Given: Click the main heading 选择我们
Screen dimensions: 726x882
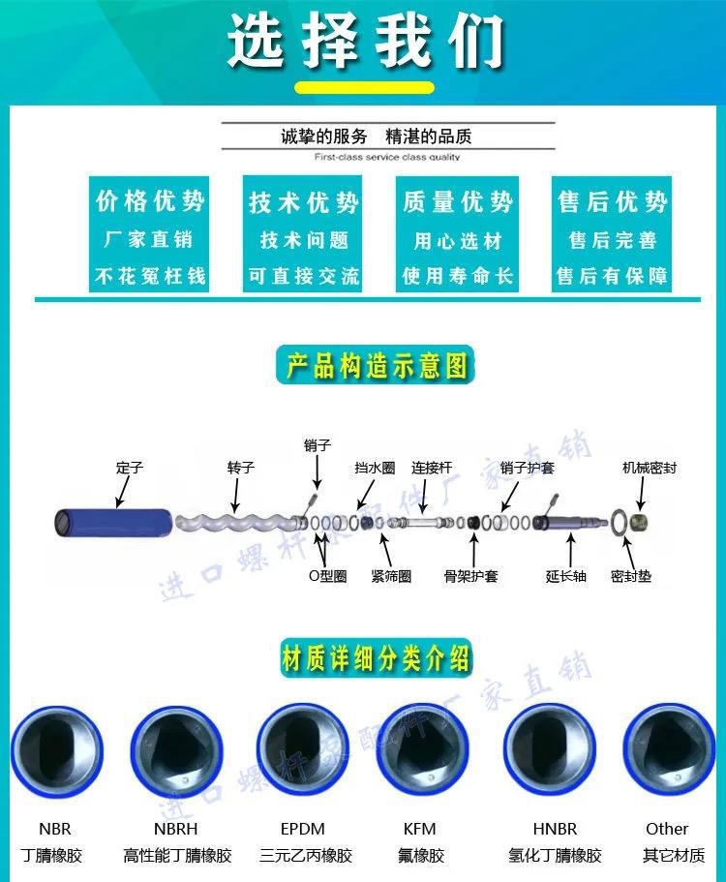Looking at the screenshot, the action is point(366,42).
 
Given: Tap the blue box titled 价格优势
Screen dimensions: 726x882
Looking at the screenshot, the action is point(150,233).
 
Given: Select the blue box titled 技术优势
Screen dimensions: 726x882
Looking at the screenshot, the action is point(304,233).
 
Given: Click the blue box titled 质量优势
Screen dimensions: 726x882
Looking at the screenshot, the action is point(458,233).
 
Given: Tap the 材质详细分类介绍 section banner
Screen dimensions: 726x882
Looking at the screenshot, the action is point(376,659).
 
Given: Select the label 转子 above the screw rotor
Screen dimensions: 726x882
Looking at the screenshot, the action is point(240,468).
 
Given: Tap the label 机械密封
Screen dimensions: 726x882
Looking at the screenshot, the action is point(649,468).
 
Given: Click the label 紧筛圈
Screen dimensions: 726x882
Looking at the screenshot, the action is point(391,576).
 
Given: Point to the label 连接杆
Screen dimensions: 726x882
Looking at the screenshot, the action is point(432,468).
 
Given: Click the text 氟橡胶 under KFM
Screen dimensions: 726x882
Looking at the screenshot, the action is point(419,856).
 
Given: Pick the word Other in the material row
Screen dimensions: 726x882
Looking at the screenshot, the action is point(667,829).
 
